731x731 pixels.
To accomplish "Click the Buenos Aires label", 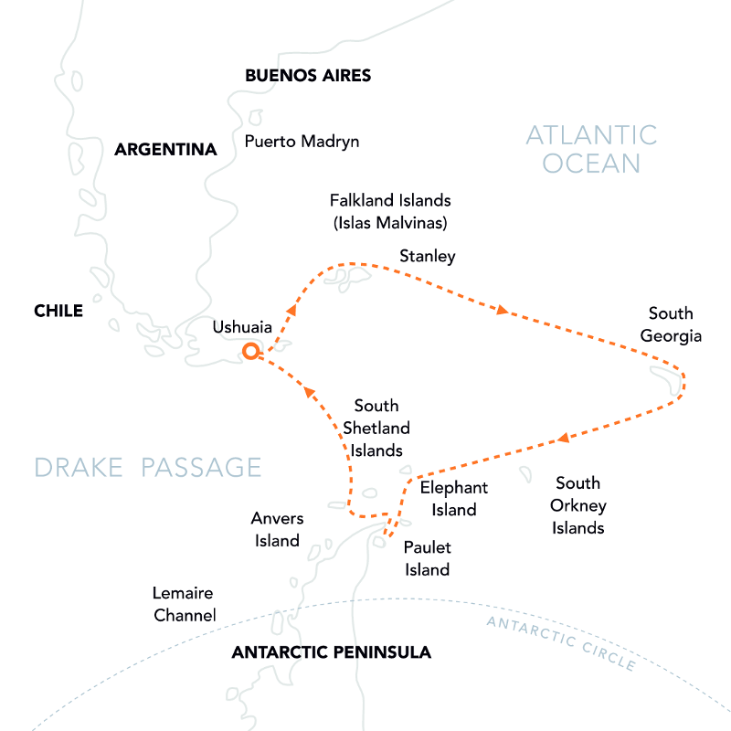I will [308, 75].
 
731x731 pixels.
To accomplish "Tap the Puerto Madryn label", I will [302, 142].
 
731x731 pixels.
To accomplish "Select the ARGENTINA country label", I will [165, 149].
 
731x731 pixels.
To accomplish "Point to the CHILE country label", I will [58, 311].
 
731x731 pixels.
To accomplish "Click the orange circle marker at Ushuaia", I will [250, 351].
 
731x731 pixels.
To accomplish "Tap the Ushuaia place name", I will [243, 327].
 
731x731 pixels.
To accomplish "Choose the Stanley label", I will [427, 257].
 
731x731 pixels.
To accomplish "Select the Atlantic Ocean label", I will [591, 150].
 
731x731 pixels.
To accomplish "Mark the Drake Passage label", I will [148, 468].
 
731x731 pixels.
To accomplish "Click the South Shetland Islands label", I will [376, 428].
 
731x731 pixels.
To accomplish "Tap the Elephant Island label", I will [454, 499].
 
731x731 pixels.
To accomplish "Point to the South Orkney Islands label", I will [578, 505].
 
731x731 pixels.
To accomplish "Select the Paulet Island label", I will [428, 558].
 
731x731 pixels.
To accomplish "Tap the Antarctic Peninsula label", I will [331, 652].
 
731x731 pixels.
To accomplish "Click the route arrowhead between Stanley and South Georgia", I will [502, 311].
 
